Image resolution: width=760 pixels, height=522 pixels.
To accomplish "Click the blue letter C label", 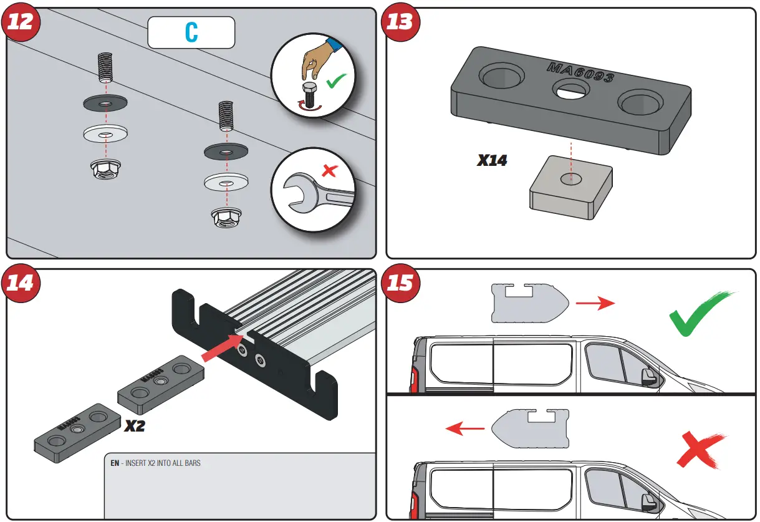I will [x=191, y=32].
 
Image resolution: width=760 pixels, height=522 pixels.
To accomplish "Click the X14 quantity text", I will [x=493, y=160].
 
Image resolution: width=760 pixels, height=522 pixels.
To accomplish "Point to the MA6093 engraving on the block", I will [x=580, y=72].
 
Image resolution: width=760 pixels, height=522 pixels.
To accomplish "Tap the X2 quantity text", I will [x=135, y=427].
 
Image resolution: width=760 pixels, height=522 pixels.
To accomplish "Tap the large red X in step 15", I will [x=701, y=450].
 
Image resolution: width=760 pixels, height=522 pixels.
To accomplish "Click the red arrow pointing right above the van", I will [x=595, y=304].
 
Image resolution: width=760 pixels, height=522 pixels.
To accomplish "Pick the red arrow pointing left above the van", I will [x=465, y=428].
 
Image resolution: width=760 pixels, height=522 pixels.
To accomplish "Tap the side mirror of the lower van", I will [x=647, y=499].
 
